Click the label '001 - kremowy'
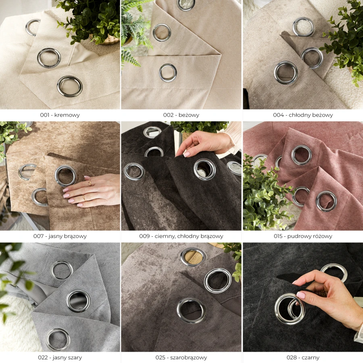(60, 115)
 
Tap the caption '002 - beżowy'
(181, 115)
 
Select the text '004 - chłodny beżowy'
(303, 115)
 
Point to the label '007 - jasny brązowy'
(60, 236)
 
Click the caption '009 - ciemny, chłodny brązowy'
(181, 236)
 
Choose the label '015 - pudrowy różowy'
(303, 236)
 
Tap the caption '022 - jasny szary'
(60, 358)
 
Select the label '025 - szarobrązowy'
(181, 358)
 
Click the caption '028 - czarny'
(303, 358)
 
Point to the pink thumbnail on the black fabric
(301, 295)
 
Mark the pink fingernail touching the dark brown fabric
(186, 154)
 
